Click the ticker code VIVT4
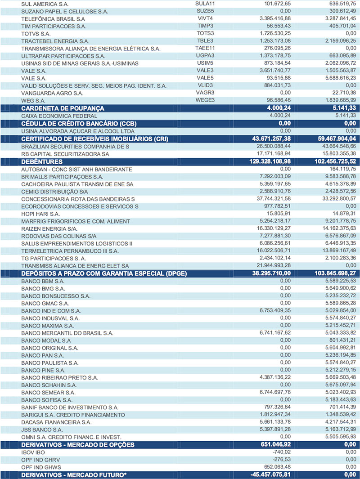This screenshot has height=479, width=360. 205,19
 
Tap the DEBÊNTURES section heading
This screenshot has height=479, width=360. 42,161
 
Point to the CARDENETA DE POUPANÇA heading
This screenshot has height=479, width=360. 63,108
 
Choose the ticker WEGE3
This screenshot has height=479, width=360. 205,100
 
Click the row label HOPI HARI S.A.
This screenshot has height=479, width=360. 40,214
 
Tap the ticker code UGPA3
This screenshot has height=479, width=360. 205,56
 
